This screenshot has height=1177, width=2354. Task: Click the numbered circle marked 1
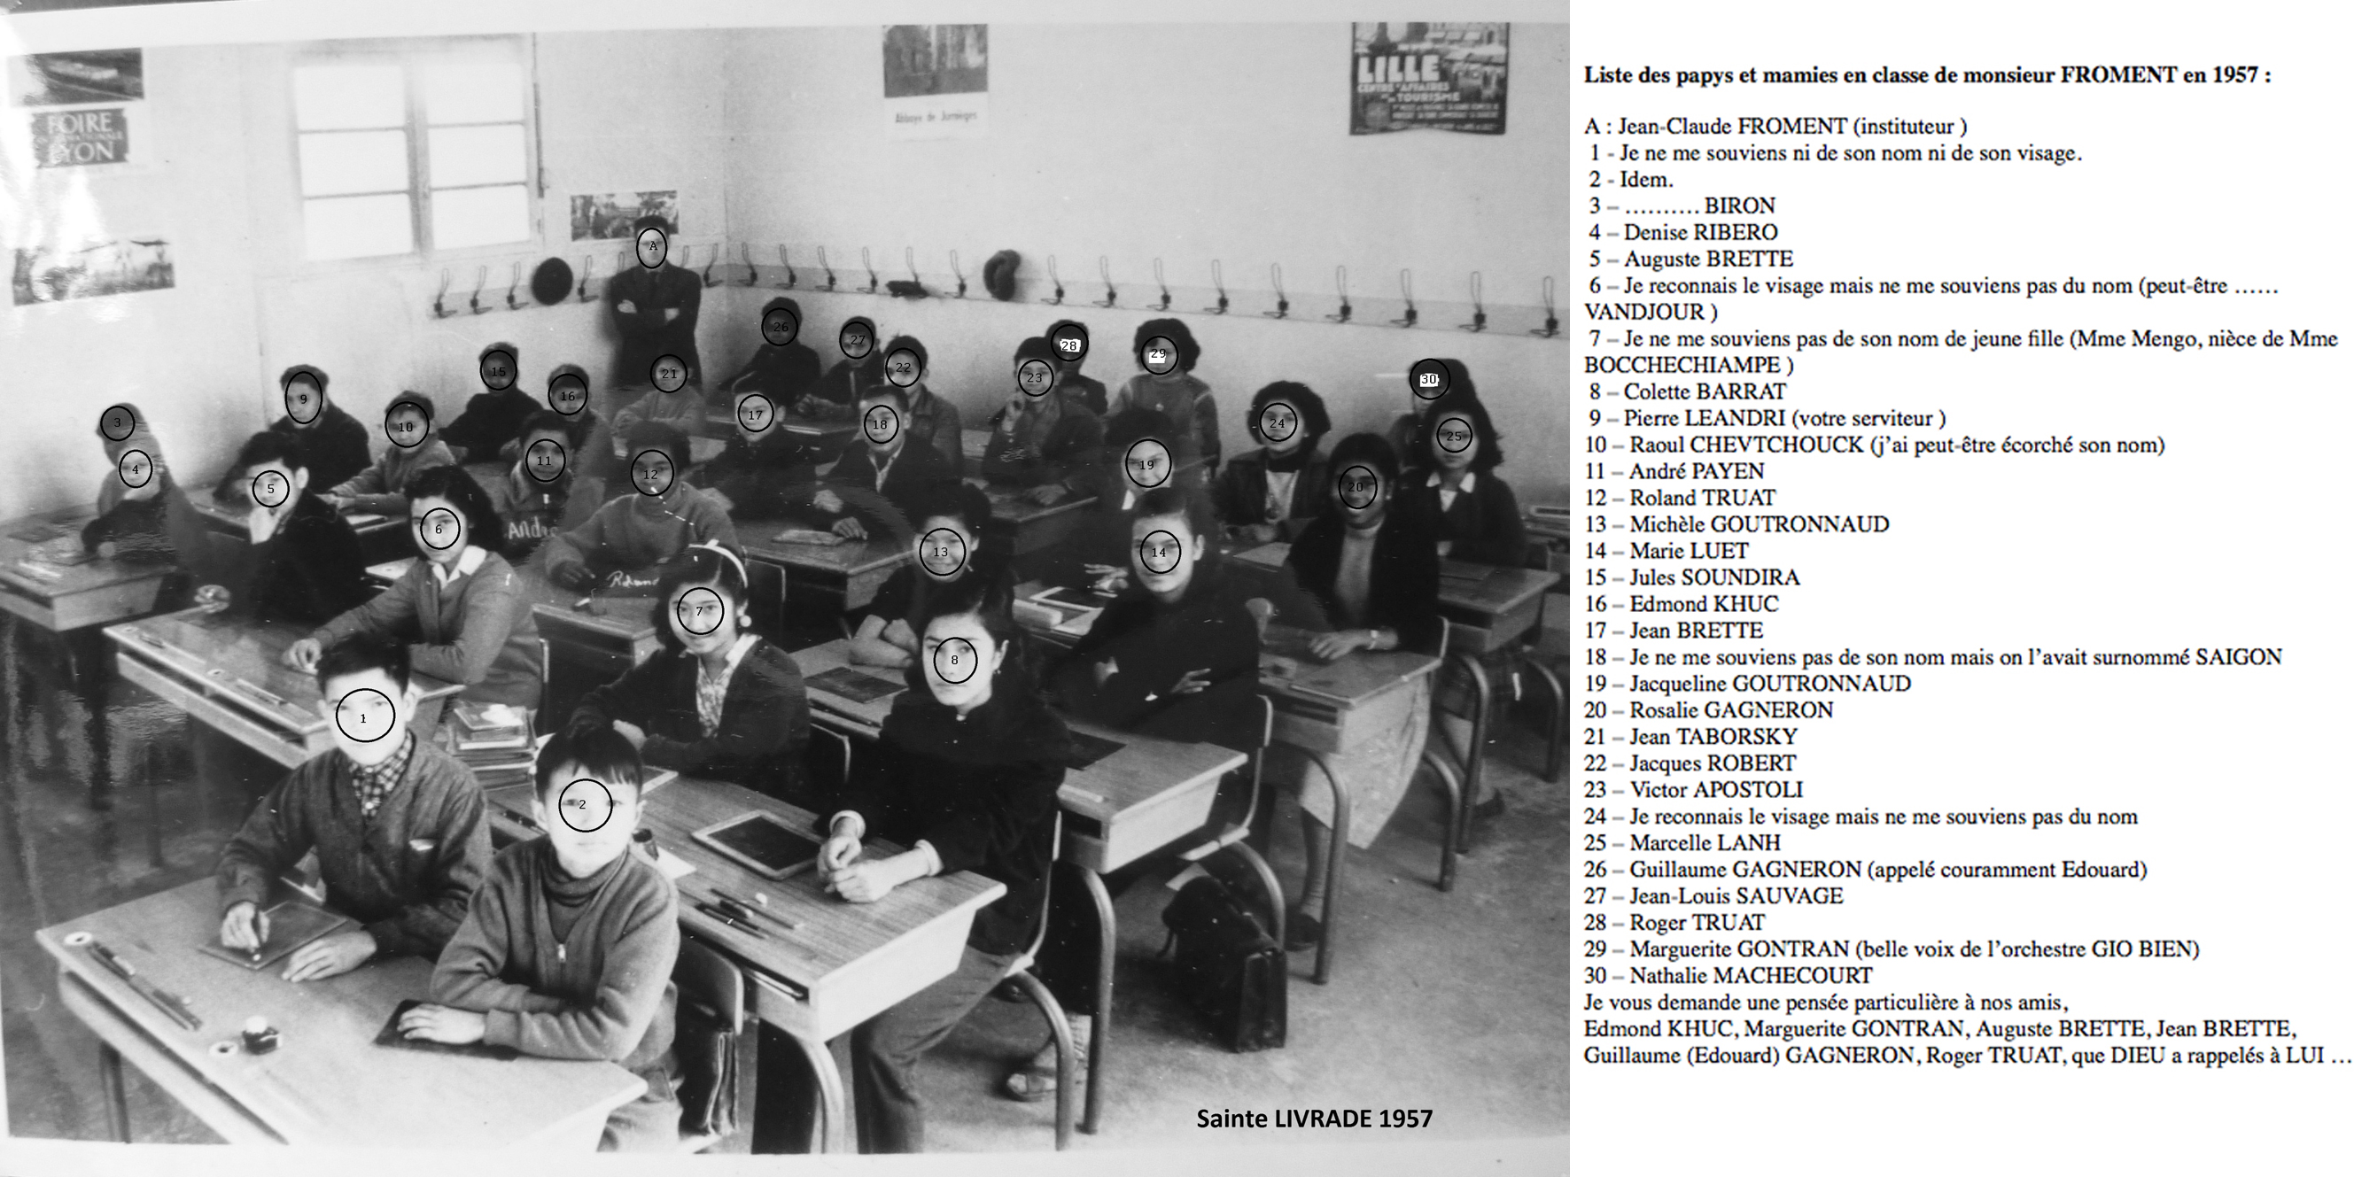[365, 717]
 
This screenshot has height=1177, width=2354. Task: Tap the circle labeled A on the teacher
[651, 247]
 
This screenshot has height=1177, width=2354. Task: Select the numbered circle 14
[1159, 552]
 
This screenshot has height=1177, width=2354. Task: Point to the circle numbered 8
[955, 660]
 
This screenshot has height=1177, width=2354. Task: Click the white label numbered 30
[1428, 379]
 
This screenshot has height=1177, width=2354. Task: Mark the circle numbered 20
[1356, 487]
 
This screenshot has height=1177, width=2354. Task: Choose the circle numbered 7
[700, 611]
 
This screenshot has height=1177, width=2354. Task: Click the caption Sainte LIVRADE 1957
[1314, 1119]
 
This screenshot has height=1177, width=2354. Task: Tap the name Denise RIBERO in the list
[1699, 232]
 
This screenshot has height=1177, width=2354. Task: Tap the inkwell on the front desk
[260, 1039]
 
